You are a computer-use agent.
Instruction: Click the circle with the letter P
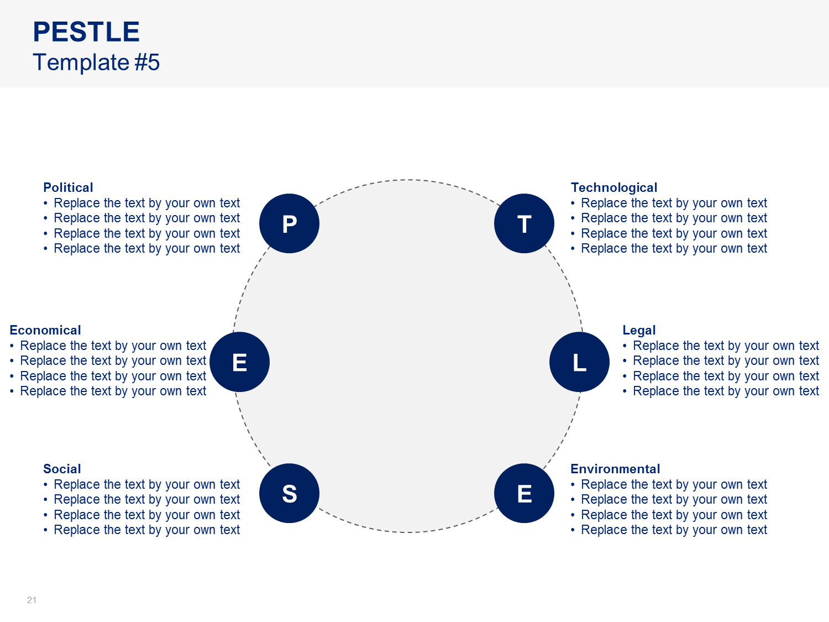click(x=289, y=223)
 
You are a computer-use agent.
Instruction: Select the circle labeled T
click(x=524, y=223)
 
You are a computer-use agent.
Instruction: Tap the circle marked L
click(x=579, y=362)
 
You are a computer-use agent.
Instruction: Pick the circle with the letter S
click(x=289, y=493)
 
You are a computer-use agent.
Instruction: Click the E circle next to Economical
click(x=239, y=362)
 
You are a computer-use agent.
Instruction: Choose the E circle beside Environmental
click(x=524, y=493)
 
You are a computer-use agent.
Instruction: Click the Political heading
click(x=68, y=187)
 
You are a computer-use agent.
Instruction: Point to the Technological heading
click(x=613, y=187)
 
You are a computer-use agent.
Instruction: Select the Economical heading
click(x=45, y=330)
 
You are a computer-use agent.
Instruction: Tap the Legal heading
click(x=639, y=330)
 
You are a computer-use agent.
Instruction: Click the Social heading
click(x=62, y=469)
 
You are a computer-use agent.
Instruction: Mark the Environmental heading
click(x=615, y=469)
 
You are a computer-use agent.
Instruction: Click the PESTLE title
click(x=86, y=32)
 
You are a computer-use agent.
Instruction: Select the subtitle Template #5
click(x=96, y=62)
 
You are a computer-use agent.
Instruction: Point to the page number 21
click(x=32, y=600)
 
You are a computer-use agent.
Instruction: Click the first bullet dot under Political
click(x=45, y=203)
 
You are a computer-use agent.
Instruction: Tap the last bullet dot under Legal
click(x=625, y=391)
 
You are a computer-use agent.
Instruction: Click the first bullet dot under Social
click(x=45, y=485)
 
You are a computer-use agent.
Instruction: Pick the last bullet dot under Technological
click(x=573, y=249)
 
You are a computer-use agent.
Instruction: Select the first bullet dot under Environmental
click(x=573, y=485)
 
